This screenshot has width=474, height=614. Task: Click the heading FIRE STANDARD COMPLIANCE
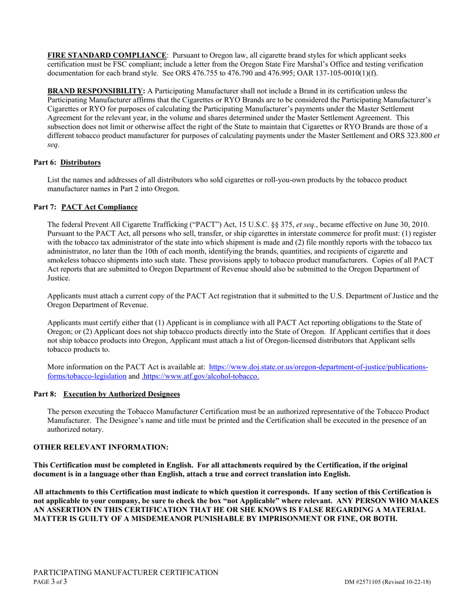click(107, 55)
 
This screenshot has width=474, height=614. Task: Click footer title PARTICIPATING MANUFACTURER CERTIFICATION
click(126, 573)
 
